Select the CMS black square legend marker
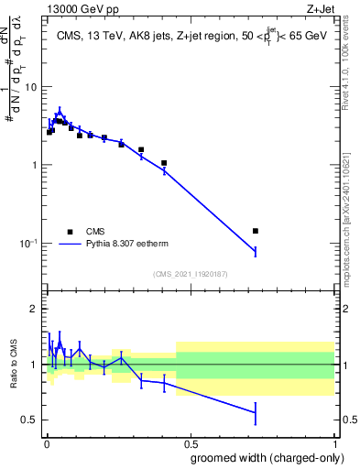[70, 232]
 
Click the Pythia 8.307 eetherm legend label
[128, 245]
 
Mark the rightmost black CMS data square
[256, 231]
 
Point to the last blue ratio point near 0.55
[256, 413]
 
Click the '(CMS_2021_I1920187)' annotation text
[190, 273]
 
